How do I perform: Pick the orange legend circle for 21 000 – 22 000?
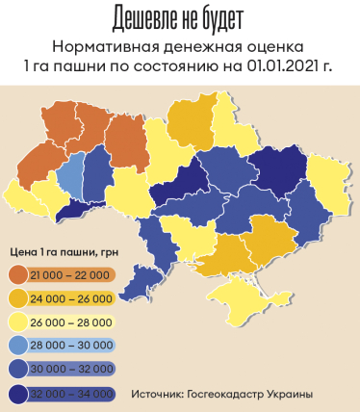click(x=17, y=275)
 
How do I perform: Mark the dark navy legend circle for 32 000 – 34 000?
click(x=17, y=392)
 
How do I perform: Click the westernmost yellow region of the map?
click(x=21, y=197)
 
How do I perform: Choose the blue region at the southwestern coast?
click(x=144, y=274)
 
